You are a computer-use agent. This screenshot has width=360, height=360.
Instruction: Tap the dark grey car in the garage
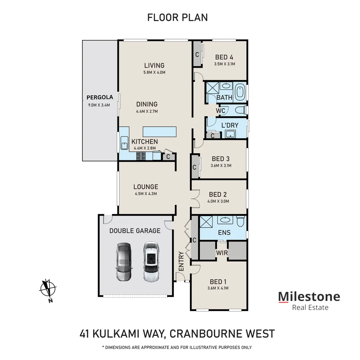tap(124, 261)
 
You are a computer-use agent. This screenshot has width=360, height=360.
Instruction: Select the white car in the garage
tap(151, 261)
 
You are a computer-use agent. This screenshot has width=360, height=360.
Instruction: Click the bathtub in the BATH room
tap(240, 92)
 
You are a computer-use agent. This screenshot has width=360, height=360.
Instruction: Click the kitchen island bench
tap(159, 132)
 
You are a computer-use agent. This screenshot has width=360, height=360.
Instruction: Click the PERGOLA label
tap(100, 98)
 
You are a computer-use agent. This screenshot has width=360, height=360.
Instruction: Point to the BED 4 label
tap(224, 57)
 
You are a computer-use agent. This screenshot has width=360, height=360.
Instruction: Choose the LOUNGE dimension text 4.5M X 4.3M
tap(146, 194)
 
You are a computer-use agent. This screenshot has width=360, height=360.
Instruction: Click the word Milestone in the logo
tap(309, 296)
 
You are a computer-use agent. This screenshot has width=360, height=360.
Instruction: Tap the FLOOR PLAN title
tap(177, 17)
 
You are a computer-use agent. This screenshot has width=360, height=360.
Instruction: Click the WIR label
tap(222, 253)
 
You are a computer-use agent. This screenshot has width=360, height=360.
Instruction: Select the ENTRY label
tap(182, 261)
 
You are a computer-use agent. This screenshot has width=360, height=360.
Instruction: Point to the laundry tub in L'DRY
tap(230, 134)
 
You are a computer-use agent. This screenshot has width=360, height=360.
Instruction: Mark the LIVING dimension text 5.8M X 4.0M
tap(154, 72)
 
